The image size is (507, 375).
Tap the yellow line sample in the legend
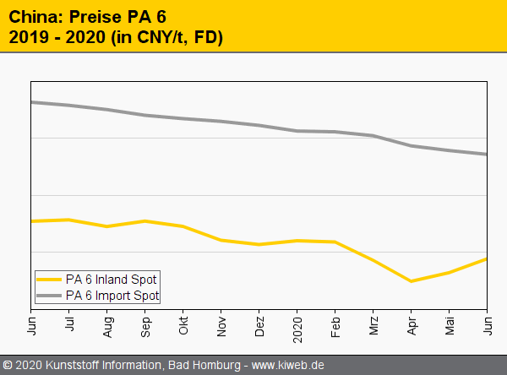click(50, 280)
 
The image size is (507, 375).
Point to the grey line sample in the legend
click(50, 296)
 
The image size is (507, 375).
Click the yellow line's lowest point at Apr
click(411, 281)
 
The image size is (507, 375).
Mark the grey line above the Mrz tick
click(373, 135)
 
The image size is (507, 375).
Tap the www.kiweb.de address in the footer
click(288, 366)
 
